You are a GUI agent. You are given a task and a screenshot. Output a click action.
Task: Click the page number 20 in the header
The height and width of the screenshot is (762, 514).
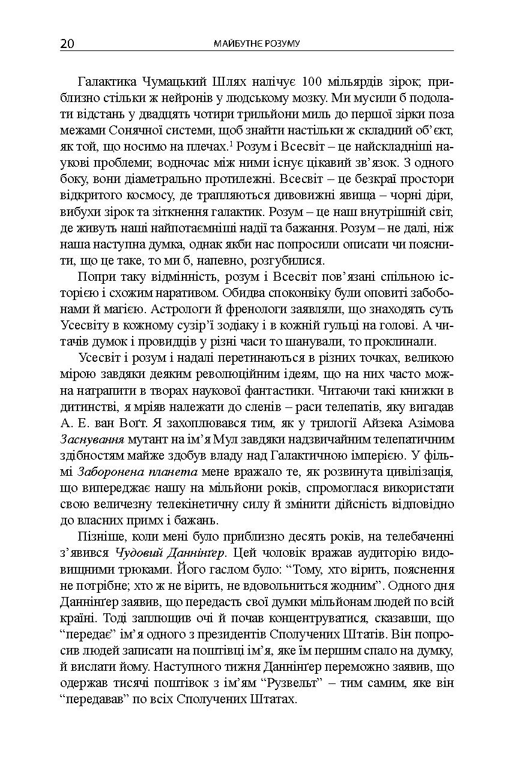click(67, 44)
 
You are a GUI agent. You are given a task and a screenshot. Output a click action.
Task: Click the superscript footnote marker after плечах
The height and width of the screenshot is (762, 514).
click(231, 143)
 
